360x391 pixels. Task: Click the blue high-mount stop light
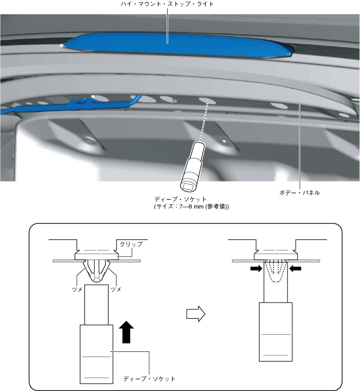click(172, 45)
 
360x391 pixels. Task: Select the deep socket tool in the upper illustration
click(192, 169)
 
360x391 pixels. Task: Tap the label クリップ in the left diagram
click(130, 244)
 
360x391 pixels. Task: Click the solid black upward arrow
click(127, 332)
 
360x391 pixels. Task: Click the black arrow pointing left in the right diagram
click(296, 268)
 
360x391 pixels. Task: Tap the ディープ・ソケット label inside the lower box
click(149, 379)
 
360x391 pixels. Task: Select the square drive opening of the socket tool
click(188, 185)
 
